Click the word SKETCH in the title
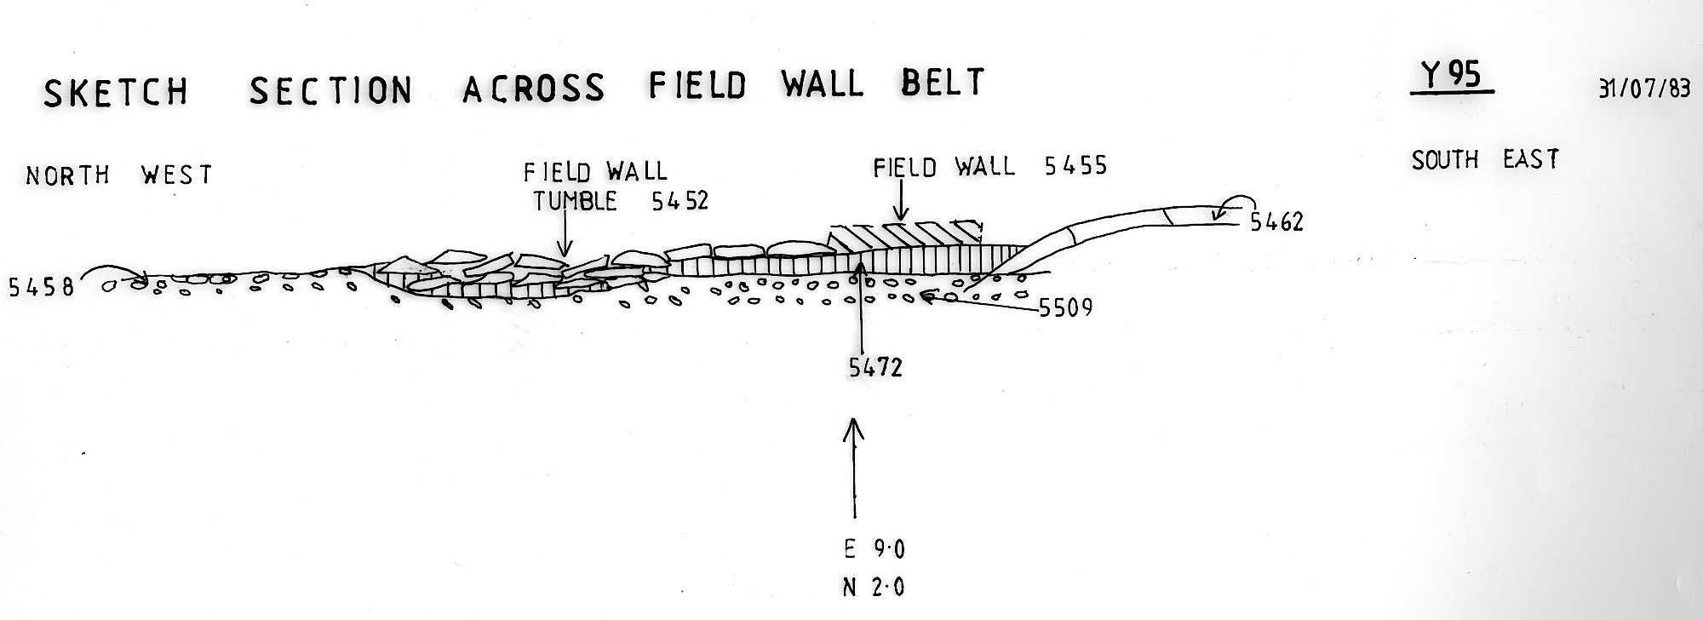[116, 91]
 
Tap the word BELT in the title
[942, 83]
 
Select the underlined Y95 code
[1452, 77]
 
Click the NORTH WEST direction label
[118, 175]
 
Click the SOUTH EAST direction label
[1485, 159]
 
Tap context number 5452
[679, 201]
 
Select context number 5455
[1075, 165]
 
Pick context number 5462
[1276, 223]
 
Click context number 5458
[40, 287]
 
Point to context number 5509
[1065, 307]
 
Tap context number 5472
[875, 367]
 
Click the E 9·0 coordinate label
[874, 549]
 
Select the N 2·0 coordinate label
[874, 588]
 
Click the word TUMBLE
[575, 202]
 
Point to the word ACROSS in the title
[534, 87]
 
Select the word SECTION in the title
[331, 89]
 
